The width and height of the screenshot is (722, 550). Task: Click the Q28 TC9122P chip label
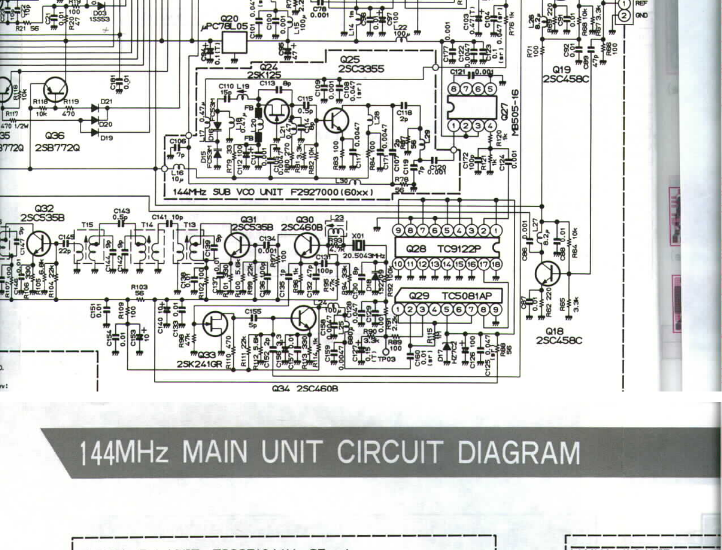tap(443, 249)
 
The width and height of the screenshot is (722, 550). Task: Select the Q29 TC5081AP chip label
tap(449, 296)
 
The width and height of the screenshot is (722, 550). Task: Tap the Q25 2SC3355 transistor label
tap(361, 64)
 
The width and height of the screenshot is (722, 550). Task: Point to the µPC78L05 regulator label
tap(225, 26)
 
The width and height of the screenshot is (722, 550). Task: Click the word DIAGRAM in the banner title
tap(519, 452)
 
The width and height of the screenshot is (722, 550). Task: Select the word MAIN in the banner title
tap(215, 452)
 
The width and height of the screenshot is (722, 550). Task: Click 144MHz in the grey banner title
tap(124, 453)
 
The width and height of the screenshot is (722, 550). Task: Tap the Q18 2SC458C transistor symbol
tap(547, 274)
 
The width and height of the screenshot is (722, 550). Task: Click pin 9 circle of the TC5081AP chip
tap(496, 309)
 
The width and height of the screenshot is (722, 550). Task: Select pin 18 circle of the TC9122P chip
tap(496, 264)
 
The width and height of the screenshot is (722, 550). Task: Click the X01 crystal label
tap(358, 236)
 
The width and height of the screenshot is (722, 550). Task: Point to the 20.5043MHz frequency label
tap(364, 256)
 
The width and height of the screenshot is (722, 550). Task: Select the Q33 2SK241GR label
tap(200, 360)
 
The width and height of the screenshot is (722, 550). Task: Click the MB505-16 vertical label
tap(515, 112)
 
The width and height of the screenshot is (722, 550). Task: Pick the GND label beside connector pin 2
tap(641, 16)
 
